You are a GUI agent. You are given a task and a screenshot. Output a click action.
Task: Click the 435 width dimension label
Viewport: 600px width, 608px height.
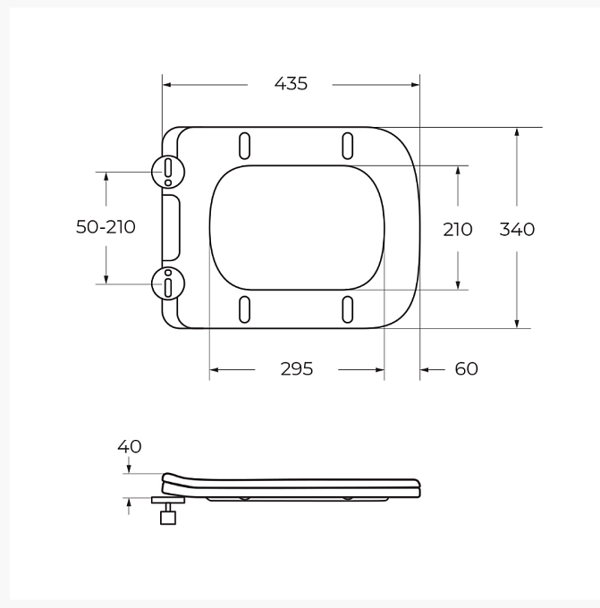pyautogui.click(x=291, y=84)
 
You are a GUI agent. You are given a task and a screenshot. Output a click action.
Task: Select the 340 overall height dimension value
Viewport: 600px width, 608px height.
pyautogui.click(x=517, y=229)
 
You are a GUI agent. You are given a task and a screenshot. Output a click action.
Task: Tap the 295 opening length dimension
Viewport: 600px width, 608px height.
pyautogui.click(x=297, y=368)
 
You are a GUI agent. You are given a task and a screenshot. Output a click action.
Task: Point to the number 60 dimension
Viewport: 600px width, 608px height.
pyautogui.click(x=466, y=368)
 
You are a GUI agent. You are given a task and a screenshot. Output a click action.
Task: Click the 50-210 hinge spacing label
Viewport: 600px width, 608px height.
pyautogui.click(x=106, y=227)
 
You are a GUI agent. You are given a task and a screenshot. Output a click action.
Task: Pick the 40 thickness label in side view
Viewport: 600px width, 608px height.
pyautogui.click(x=130, y=446)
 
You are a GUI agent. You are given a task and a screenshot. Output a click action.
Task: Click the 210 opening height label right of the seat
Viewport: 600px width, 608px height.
pyautogui.click(x=458, y=230)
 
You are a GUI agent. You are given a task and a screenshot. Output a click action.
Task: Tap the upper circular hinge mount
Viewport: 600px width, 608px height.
pyautogui.click(x=168, y=172)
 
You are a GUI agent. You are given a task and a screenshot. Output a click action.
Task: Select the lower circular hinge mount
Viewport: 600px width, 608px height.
pyautogui.click(x=168, y=283)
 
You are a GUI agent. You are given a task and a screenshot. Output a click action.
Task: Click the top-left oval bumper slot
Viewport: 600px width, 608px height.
pyautogui.click(x=244, y=146)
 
